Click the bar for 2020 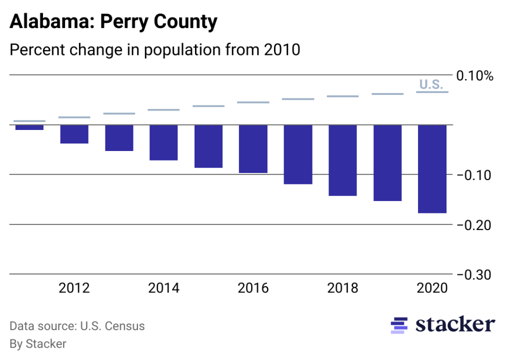432,168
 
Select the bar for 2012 74,134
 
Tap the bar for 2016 253,149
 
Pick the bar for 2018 342,160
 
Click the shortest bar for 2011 29,127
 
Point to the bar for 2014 164,142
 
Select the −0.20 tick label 474,225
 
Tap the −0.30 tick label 474,275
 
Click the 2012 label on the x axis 74,288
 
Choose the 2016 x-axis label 253,288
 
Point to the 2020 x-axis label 432,288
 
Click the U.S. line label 431,84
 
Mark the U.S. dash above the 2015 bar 208,106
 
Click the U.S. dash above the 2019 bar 387,94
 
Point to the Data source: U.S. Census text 77,326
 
